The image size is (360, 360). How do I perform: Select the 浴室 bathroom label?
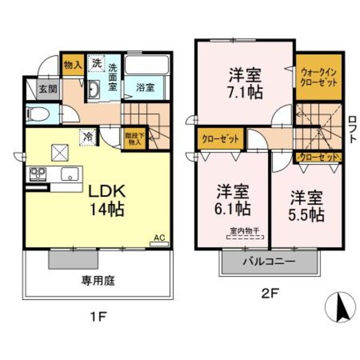click(145, 86)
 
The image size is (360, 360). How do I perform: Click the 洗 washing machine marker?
click(96, 62)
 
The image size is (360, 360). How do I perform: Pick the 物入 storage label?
click(73, 64)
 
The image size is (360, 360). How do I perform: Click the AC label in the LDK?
click(160, 238)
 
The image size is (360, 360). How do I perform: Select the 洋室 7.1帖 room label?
click(245, 84)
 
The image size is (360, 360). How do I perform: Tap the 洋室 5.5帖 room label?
click(308, 205)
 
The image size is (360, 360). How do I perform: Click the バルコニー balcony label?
click(268, 262)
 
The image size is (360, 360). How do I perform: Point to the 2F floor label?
click(268, 293)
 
